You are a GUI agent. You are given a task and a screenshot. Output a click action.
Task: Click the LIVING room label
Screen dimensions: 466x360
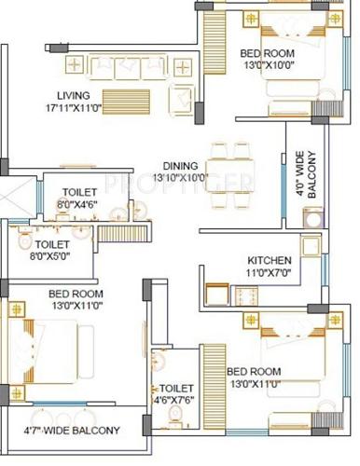pyautogui.click(x=74, y=95)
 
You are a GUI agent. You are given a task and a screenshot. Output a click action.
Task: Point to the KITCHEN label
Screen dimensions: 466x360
pyautogui.click(x=270, y=260)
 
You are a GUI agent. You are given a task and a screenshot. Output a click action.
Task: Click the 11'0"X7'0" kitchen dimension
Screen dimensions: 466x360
pyautogui.click(x=270, y=274)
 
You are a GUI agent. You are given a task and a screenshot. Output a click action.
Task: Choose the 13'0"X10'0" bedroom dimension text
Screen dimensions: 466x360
pyautogui.click(x=266, y=65)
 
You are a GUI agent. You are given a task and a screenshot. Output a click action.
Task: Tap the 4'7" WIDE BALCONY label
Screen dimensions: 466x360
pyautogui.click(x=72, y=431)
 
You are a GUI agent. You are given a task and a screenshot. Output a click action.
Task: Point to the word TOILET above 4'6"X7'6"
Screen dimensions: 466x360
pyautogui.click(x=176, y=388)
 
